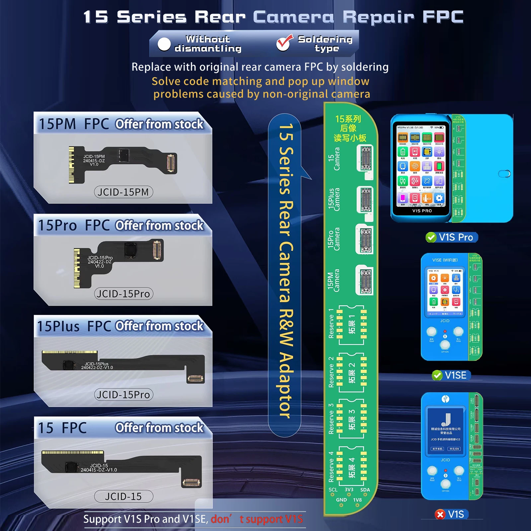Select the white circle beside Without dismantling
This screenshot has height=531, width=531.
[x=164, y=44]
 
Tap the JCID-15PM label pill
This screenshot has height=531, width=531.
[x=123, y=192]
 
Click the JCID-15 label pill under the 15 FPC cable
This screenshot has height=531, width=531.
[x=123, y=496]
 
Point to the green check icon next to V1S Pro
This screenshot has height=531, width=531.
[x=431, y=237]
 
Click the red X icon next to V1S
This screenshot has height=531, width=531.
[x=440, y=514]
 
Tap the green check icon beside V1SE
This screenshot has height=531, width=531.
[x=437, y=375]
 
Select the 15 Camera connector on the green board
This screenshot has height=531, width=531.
[x=366, y=158]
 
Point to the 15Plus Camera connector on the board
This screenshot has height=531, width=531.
[x=365, y=199]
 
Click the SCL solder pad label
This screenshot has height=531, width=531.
[x=333, y=490]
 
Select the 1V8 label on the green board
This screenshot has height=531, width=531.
[x=357, y=500]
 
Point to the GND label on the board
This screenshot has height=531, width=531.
[x=341, y=500]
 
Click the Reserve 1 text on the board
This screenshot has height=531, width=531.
[x=331, y=324]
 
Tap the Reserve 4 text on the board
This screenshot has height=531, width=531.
[x=331, y=467]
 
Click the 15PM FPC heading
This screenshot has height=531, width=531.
[x=74, y=124]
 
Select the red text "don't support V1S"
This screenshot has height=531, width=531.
[x=257, y=519]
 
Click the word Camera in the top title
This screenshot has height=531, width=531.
[x=293, y=17]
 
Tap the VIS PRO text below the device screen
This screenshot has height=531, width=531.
[x=422, y=211]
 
